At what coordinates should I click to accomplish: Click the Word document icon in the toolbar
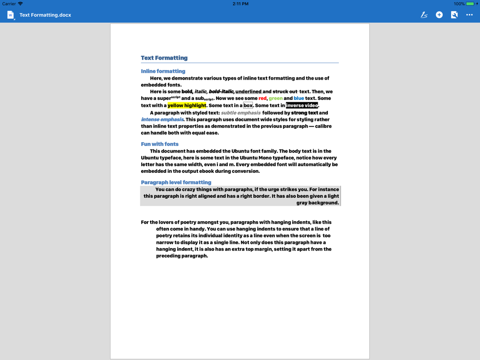point(11,15)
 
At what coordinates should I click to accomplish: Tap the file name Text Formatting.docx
point(45,15)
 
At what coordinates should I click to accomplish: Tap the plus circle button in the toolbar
point(439,15)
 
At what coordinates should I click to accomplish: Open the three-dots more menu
point(469,15)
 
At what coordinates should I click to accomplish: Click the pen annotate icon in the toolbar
point(424,15)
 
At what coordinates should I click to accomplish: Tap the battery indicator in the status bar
point(470,4)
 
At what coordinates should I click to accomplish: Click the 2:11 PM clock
point(240,4)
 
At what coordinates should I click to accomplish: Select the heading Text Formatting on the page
point(164,58)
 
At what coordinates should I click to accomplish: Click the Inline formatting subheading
point(163,71)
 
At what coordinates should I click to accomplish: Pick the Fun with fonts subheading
point(159,144)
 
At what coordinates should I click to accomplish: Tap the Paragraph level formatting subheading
point(176,182)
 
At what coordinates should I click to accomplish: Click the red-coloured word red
point(262,98)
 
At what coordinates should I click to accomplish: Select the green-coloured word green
point(276,98)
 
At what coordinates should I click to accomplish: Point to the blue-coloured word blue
point(299,98)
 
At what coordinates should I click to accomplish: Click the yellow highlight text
point(187,105)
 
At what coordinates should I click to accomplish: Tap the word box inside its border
point(248,105)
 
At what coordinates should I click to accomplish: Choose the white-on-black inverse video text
point(302,105)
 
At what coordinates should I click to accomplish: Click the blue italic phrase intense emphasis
point(162,120)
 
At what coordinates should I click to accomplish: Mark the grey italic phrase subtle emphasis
point(240,113)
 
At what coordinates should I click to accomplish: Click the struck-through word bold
point(187,92)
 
